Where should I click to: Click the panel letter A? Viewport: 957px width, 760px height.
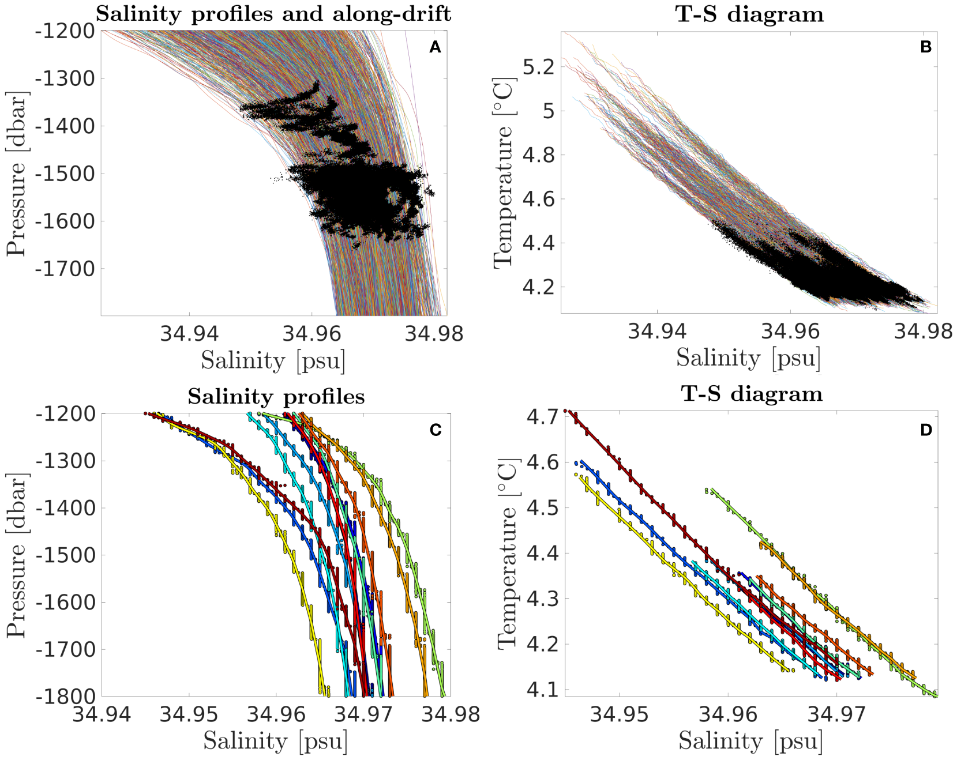click(x=435, y=47)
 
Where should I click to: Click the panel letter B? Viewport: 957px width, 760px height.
click(x=926, y=47)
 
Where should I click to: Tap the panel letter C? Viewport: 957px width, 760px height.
click(x=436, y=430)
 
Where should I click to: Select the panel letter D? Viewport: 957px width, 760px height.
click(x=926, y=430)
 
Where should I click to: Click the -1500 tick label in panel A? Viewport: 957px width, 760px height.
click(x=65, y=174)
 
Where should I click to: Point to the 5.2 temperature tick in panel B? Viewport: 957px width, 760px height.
click(x=538, y=67)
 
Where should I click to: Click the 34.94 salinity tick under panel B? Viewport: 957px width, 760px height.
click(x=656, y=331)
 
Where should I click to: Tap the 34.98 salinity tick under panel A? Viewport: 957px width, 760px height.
click(x=434, y=333)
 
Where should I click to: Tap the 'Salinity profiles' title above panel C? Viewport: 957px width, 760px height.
click(x=276, y=397)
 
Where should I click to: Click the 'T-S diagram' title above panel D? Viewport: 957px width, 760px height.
click(x=751, y=394)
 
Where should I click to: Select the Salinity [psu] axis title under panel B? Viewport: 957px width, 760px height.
click(x=748, y=358)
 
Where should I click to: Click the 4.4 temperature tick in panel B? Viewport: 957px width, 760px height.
click(x=538, y=243)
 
